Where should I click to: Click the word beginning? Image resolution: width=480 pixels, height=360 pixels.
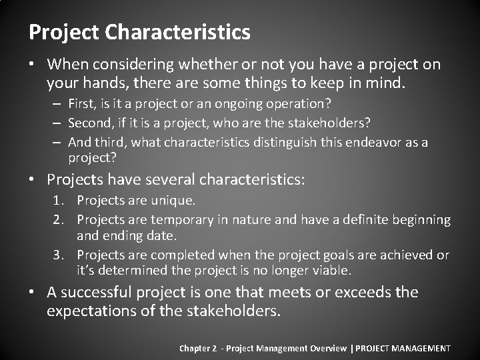[421, 220]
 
